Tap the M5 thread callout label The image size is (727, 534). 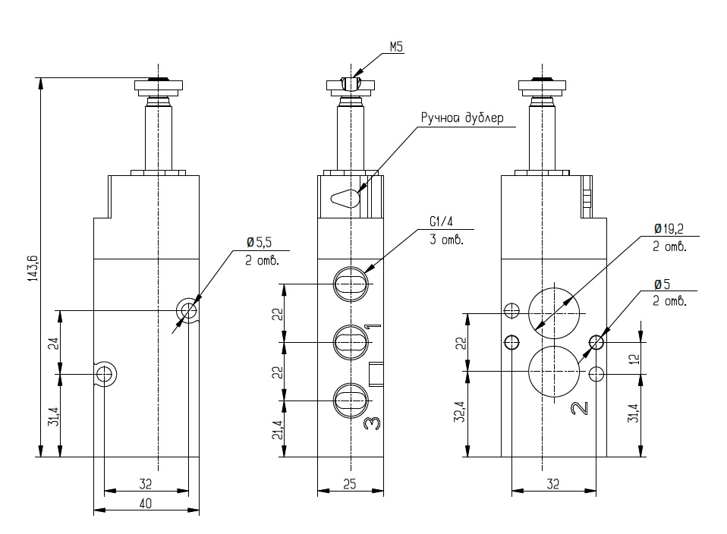coord(396,47)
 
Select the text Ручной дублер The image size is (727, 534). coord(462,118)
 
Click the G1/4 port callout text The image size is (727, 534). coord(441,222)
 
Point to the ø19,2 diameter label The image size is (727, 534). coord(669,229)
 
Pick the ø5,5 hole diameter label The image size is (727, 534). coord(258,242)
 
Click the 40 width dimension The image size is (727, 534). coord(145,503)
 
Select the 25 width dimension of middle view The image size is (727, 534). coord(350,484)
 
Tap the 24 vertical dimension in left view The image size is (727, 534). coord(54,344)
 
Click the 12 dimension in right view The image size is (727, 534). coord(634,358)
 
